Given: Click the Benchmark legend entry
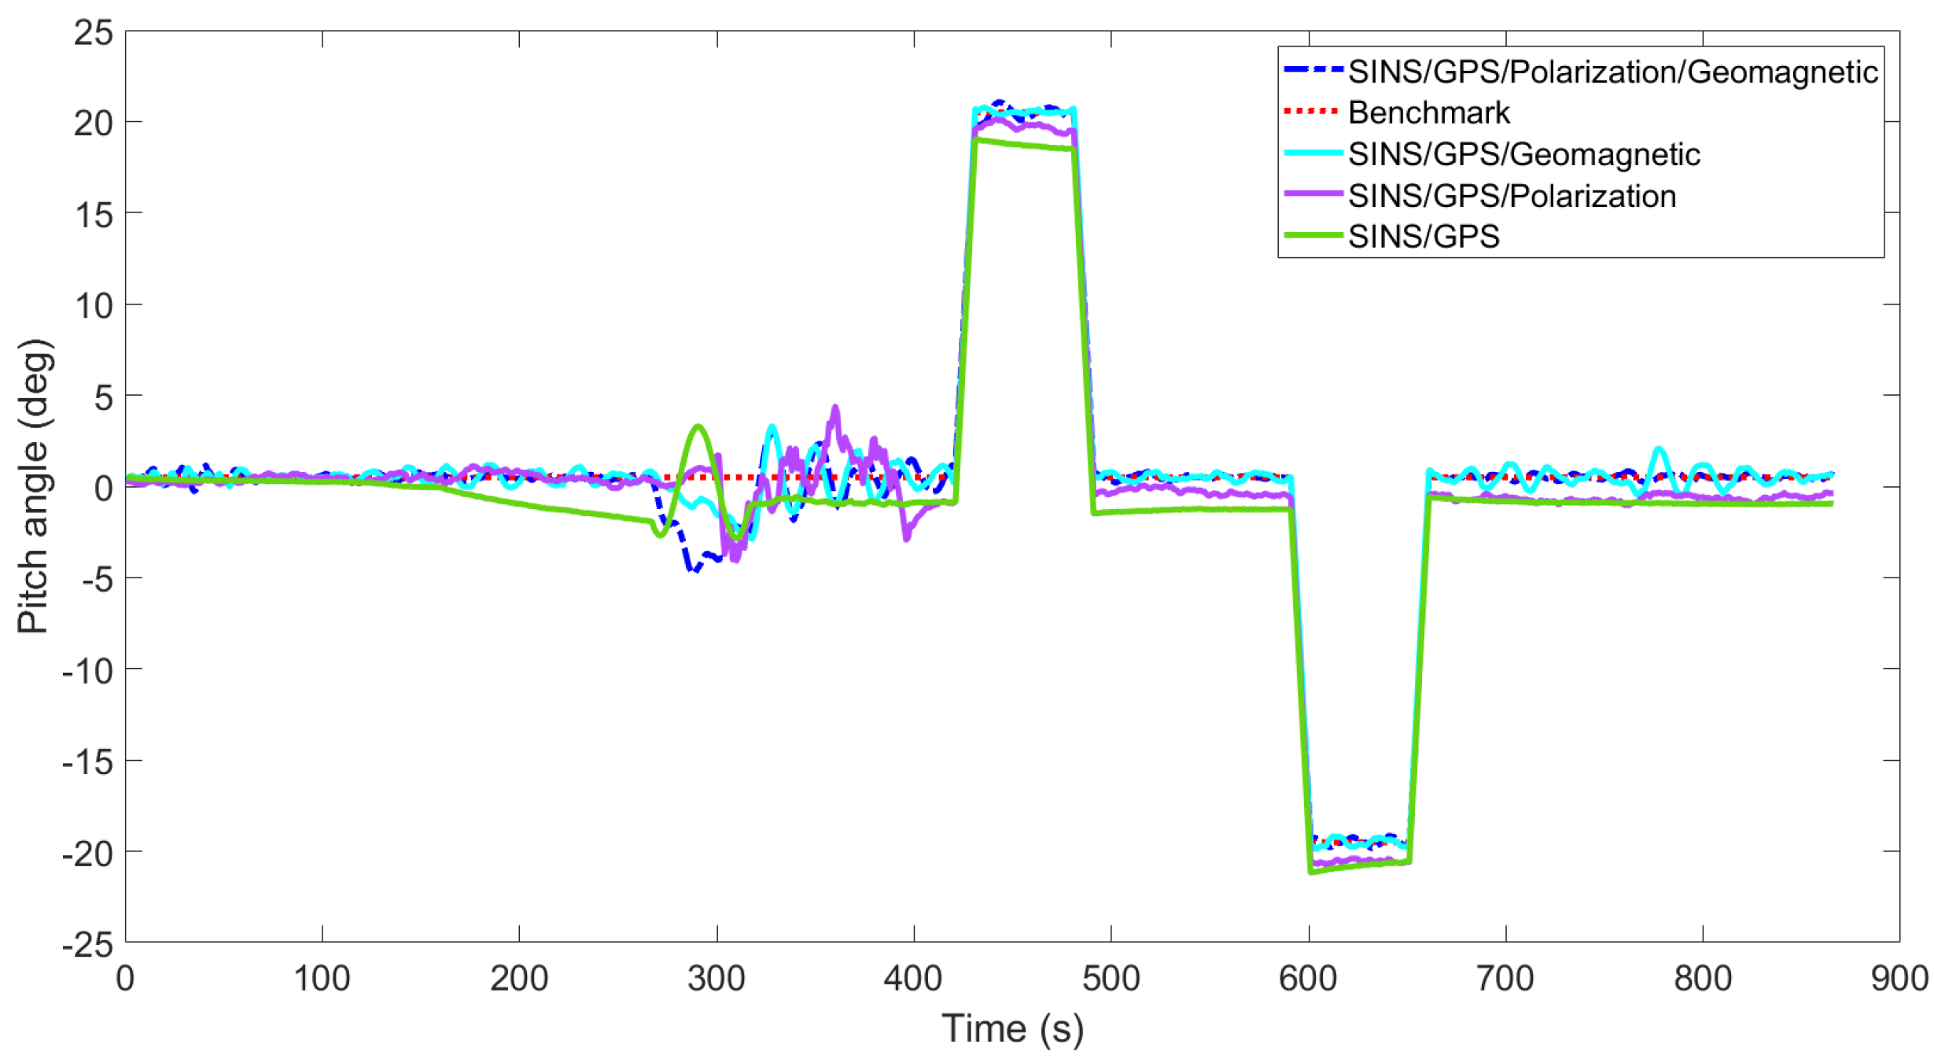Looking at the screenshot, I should (x=1427, y=113).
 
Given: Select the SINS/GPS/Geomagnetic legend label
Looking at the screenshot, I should (x=1523, y=154).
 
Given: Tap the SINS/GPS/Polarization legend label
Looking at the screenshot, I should (x=1511, y=196).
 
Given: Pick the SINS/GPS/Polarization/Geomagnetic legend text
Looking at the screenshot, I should (x=1612, y=72).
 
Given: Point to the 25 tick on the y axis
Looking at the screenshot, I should (x=94, y=33).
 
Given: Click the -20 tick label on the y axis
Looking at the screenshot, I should (x=88, y=853).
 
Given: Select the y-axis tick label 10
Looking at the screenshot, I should (x=94, y=306).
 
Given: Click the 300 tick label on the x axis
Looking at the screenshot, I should (x=716, y=979).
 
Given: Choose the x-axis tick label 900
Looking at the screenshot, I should (x=1899, y=979).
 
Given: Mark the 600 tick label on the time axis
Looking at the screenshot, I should (x=1307, y=979).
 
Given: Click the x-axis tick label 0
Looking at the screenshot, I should (x=125, y=979).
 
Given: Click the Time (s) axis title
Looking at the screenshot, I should (x=1012, y=1029).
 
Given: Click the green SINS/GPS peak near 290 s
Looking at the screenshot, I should (x=698, y=426).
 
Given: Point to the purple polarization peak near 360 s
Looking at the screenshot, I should (x=835, y=408).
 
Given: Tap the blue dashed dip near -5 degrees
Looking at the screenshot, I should (x=694, y=569).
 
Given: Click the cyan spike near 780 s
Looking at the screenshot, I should (x=1659, y=449).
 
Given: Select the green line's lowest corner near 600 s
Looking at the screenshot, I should (x=1310, y=872).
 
